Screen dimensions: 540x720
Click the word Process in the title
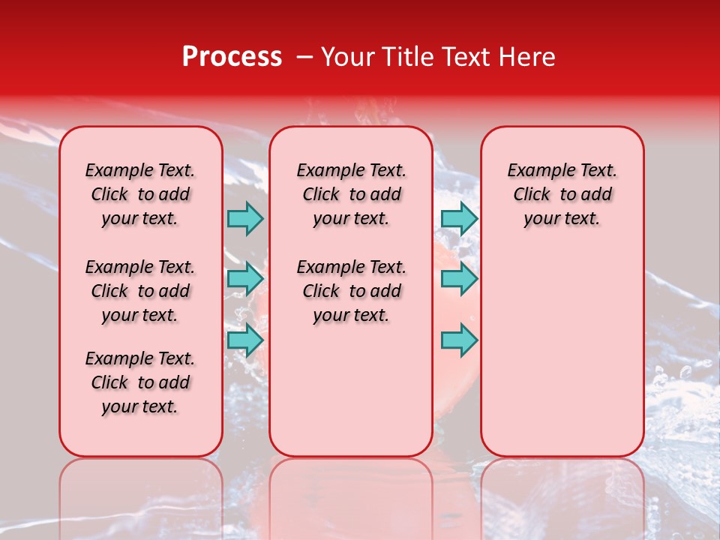click(x=232, y=57)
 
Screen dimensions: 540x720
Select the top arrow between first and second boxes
click(x=244, y=218)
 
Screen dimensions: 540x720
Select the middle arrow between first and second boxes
click(x=244, y=279)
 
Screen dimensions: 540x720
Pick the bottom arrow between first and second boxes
click(x=244, y=340)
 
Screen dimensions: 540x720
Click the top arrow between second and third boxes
click(x=459, y=218)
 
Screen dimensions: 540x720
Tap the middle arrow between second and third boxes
click(x=459, y=279)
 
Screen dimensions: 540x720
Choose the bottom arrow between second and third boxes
click(x=459, y=340)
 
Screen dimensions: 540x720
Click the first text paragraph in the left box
click(x=140, y=194)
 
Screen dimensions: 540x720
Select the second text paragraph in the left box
click(x=140, y=291)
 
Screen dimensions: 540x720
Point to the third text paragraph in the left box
click(x=140, y=382)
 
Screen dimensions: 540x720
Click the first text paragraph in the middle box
click(x=351, y=194)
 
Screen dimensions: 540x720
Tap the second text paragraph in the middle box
click(x=351, y=291)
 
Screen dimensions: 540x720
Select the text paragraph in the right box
click(x=562, y=194)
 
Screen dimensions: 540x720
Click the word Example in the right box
click(x=534, y=170)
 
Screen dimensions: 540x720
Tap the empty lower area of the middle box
click(x=351, y=390)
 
